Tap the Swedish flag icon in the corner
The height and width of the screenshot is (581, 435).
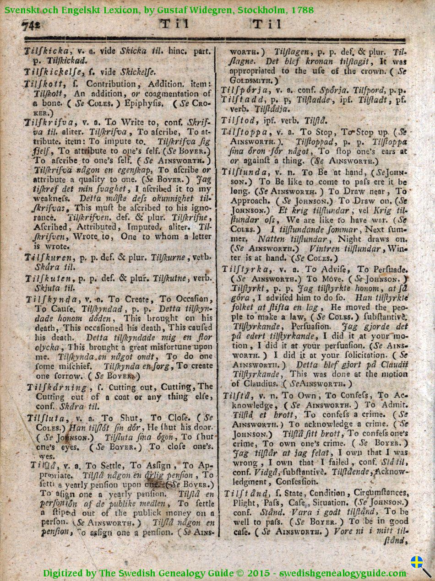pos(416,562)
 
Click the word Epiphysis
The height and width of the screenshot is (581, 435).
pos(146,103)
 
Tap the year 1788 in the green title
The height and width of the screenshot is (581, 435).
pos(302,9)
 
